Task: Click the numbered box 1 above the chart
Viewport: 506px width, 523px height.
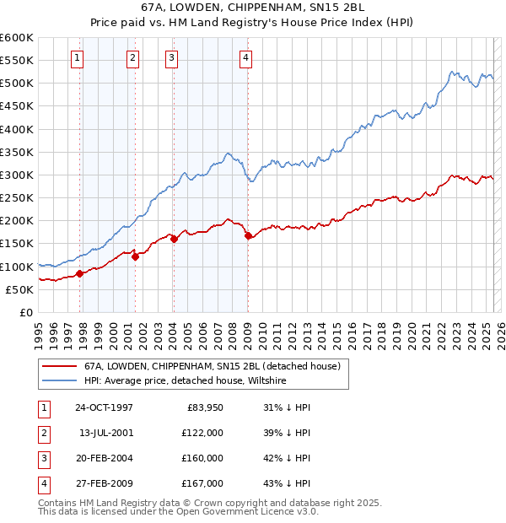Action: point(77,58)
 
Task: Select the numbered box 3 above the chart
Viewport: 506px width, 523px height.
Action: point(171,58)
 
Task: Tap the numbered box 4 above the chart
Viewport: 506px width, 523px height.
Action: point(245,58)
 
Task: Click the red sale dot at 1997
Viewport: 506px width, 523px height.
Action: point(80,273)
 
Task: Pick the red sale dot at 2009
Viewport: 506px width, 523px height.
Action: point(249,236)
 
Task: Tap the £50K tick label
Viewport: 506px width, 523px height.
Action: point(19,289)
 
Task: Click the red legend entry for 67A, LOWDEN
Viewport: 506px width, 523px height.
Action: point(212,366)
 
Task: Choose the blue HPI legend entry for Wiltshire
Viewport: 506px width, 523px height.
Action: point(186,381)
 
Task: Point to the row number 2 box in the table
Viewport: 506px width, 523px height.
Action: point(43,433)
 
